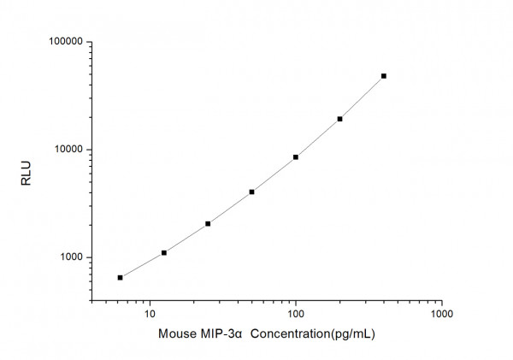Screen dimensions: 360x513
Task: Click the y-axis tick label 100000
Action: click(63, 42)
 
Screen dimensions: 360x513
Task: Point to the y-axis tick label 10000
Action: click(66, 150)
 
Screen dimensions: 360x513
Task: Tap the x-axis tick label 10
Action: click(150, 314)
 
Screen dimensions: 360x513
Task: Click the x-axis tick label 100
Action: click(296, 314)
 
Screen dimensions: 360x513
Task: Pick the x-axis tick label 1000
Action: click(441, 314)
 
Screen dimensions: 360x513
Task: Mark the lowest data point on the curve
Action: click(120, 277)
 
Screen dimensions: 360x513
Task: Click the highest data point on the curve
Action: click(384, 76)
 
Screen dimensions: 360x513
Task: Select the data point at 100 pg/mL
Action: click(296, 156)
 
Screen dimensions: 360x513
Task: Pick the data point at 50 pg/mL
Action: click(251, 192)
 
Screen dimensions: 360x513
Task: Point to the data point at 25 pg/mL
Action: click(208, 223)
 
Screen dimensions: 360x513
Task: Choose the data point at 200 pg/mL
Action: click(339, 119)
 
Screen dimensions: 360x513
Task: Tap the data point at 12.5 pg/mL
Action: click(164, 252)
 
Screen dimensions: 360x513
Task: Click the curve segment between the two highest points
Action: click(363, 97)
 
